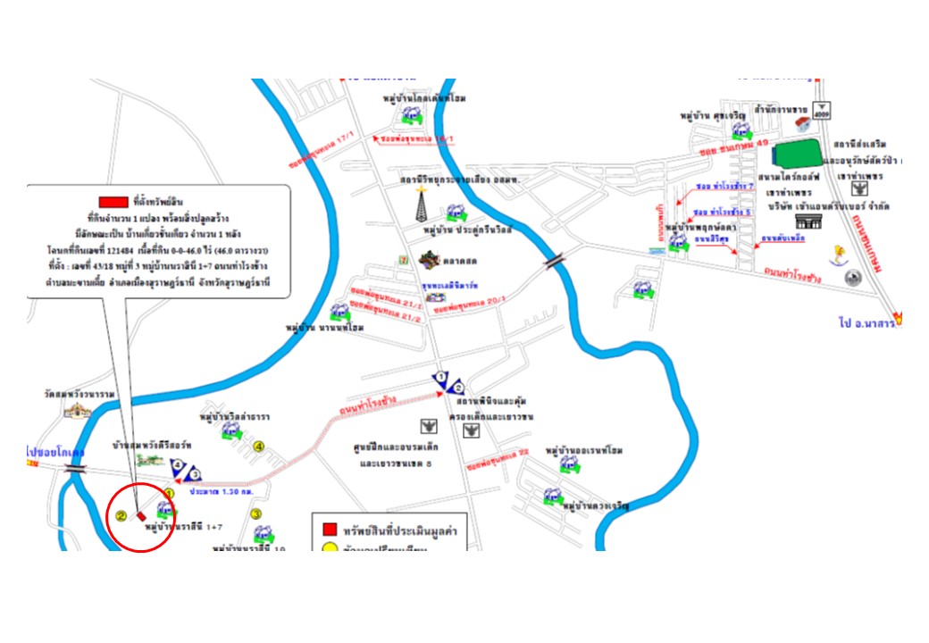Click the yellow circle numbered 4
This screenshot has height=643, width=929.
pyautogui.click(x=259, y=446)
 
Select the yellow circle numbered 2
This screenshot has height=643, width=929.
pyautogui.click(x=120, y=515)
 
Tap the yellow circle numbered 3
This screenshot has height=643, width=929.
pyautogui.click(x=255, y=514)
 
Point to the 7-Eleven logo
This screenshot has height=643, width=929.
pyautogui.click(x=404, y=259)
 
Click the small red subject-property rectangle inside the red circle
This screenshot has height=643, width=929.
pyautogui.click(x=141, y=514)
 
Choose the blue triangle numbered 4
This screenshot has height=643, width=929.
pyautogui.click(x=179, y=465)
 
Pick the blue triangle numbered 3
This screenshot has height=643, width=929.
pyautogui.click(x=193, y=472)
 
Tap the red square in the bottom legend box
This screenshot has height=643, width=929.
pyautogui.click(x=330, y=530)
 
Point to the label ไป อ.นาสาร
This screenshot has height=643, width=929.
pyautogui.click(x=867, y=321)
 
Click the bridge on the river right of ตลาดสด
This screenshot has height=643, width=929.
pyautogui.click(x=555, y=260)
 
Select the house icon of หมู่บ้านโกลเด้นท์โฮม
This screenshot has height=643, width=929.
pyautogui.click(x=412, y=115)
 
